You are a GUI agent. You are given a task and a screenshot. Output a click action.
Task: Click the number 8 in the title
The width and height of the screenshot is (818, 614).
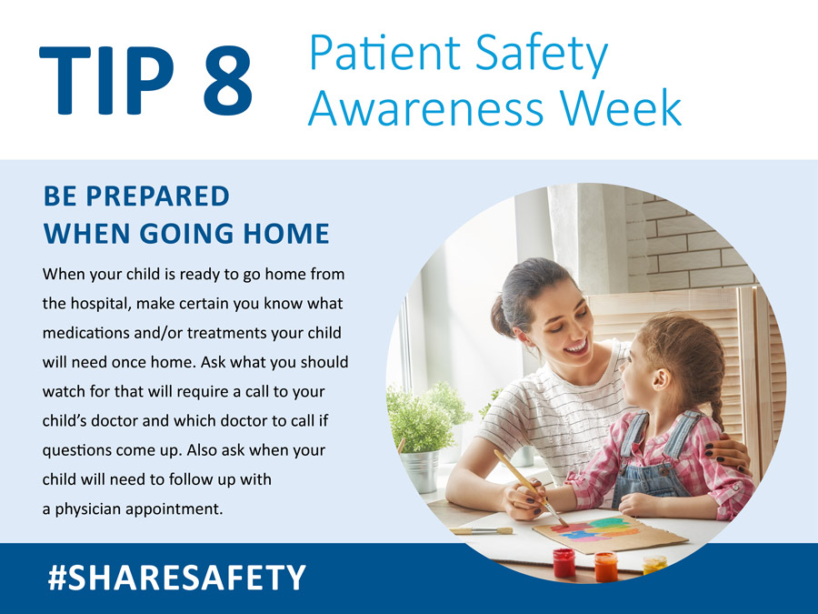tap(222, 81)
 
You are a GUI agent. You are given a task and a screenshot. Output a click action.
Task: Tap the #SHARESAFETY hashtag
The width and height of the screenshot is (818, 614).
tap(176, 577)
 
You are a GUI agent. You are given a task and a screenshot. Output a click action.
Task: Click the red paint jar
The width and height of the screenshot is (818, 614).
tap(564, 562)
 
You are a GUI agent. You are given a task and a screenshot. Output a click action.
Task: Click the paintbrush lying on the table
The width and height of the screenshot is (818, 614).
tap(481, 530)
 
